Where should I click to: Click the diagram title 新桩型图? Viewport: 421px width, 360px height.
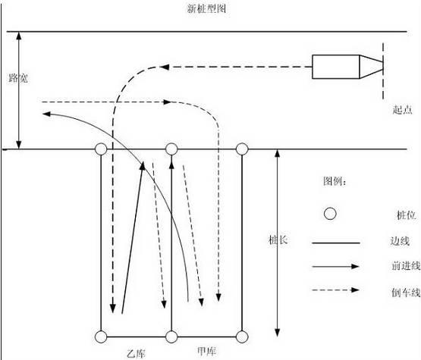click(206, 8)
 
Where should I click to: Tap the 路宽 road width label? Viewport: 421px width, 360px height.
click(18, 78)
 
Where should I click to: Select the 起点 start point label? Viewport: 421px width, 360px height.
click(402, 109)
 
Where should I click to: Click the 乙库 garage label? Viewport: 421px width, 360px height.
click(136, 354)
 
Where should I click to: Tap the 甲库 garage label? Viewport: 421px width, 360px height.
click(206, 351)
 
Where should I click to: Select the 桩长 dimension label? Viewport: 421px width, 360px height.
click(278, 239)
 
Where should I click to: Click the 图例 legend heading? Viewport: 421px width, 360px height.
click(335, 182)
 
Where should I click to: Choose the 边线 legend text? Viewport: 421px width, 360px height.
click(400, 241)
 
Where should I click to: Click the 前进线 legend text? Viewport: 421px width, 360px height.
click(406, 266)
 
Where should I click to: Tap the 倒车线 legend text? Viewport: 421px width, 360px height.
click(406, 292)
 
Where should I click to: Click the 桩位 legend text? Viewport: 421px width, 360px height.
click(406, 215)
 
